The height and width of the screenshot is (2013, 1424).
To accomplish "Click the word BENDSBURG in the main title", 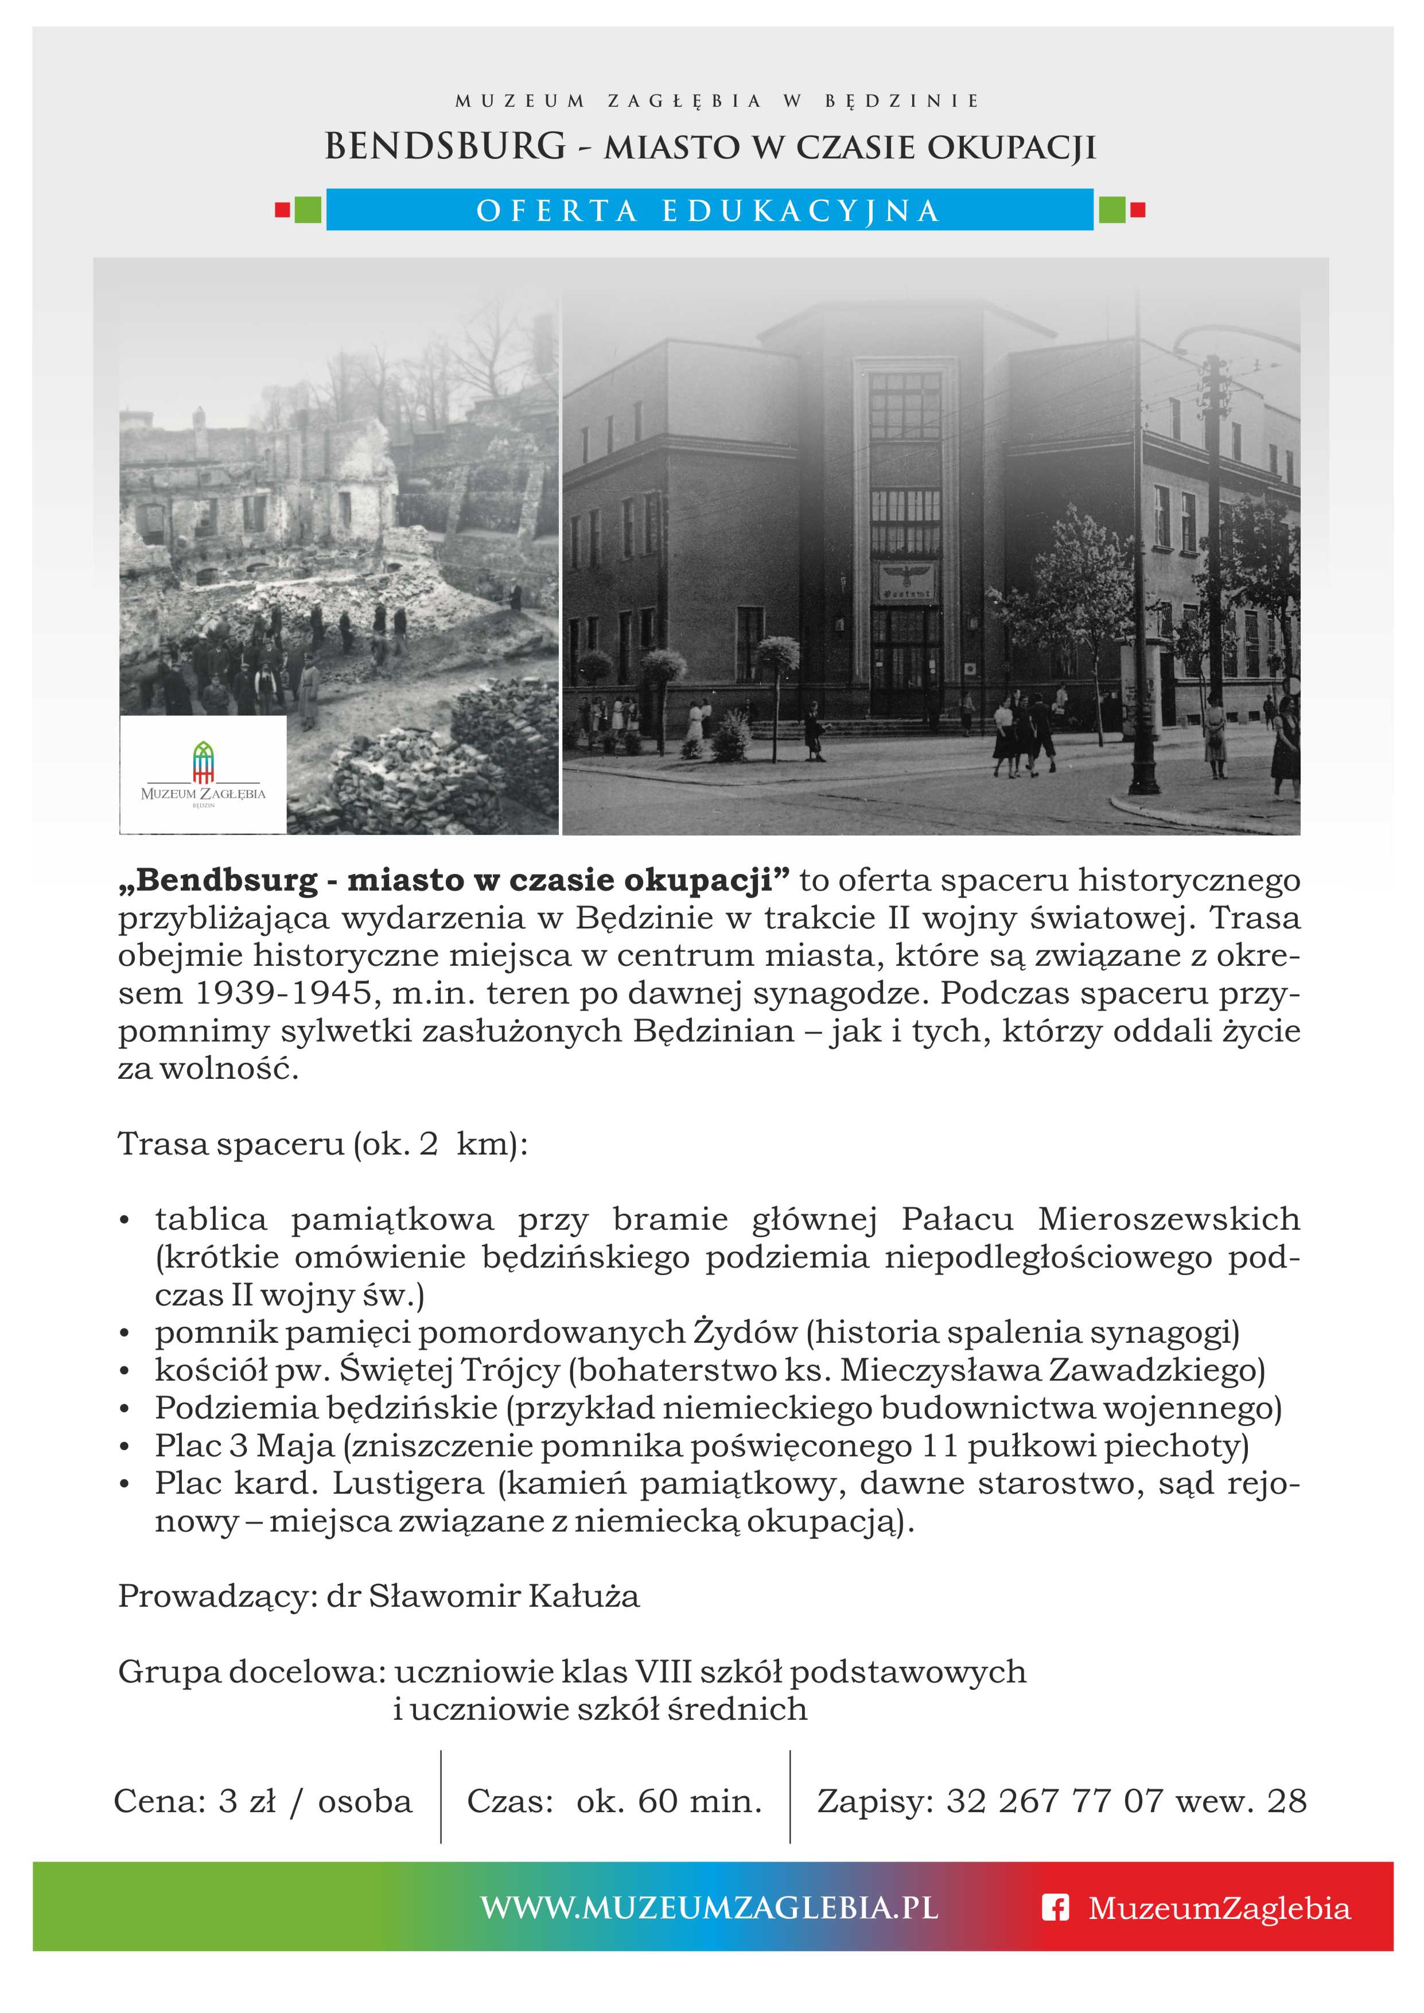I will (445, 146).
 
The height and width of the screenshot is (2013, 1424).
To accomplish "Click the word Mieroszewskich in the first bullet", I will (1169, 1219).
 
